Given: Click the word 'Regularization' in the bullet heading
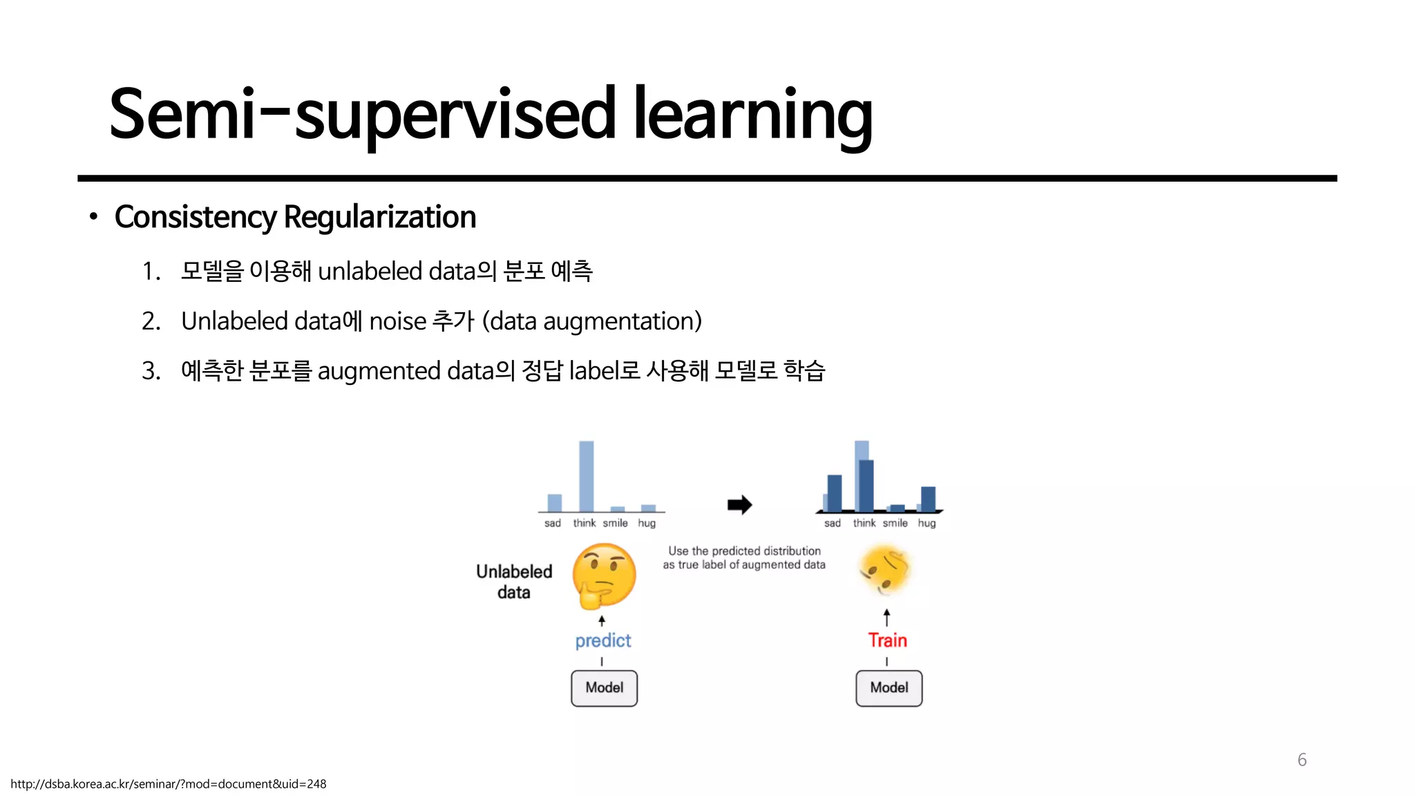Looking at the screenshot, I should click(379, 217).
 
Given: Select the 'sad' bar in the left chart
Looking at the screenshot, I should click(554, 502).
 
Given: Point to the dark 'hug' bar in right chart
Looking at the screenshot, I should click(929, 498).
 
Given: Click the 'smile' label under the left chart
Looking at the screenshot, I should click(615, 523).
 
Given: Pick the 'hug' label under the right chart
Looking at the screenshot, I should click(927, 523).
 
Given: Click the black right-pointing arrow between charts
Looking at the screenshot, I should click(739, 504).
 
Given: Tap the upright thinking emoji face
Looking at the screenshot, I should click(604, 576).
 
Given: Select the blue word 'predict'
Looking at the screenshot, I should click(603, 641).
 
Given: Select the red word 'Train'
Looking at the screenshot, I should click(887, 641).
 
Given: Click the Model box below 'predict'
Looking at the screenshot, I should click(604, 688).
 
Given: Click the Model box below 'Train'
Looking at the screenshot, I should click(889, 688).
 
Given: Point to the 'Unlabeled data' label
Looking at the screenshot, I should click(514, 582).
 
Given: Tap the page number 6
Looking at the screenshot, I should click(1302, 760).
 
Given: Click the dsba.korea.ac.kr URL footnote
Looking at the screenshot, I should click(168, 784).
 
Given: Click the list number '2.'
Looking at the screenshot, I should click(151, 321).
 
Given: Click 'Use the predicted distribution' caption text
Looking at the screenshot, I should click(744, 551).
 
